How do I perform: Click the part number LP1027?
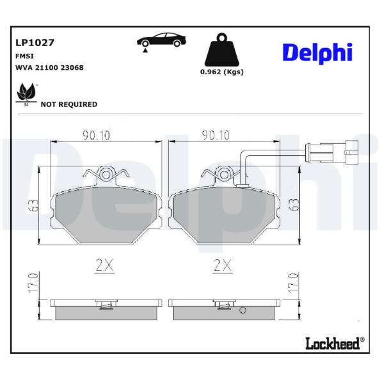pos(35,43)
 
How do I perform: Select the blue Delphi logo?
pos(317,52)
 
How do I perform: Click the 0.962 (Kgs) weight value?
pos(222,72)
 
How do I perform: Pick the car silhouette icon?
pos(161,41)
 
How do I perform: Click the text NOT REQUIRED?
pos(69,104)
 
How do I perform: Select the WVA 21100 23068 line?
pos(49,68)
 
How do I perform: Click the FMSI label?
pos(24,56)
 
